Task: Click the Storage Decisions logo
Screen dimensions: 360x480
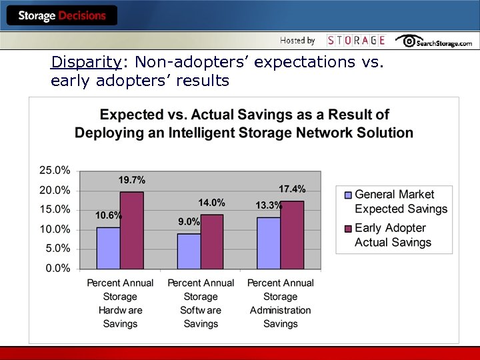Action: (x=61, y=15)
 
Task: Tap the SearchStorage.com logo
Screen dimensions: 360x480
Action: (x=434, y=41)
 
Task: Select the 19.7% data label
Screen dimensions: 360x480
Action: (x=132, y=180)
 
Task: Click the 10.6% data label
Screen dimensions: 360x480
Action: (x=109, y=215)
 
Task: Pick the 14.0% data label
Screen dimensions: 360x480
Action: (x=211, y=203)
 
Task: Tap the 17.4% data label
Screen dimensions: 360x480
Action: (x=292, y=189)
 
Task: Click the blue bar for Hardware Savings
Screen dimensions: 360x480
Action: (x=108, y=248)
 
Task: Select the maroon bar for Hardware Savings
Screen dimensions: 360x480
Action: (x=131, y=231)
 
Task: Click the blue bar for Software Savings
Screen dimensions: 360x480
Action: (x=189, y=251)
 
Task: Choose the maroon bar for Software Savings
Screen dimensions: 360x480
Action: (x=212, y=242)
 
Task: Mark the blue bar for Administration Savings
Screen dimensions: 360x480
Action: (x=269, y=243)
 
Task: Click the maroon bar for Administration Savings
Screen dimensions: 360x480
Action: (x=292, y=235)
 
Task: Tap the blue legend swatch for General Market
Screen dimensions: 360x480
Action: (x=347, y=195)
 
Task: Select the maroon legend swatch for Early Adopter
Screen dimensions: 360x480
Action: (x=347, y=229)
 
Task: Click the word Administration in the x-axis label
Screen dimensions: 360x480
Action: (x=280, y=310)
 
